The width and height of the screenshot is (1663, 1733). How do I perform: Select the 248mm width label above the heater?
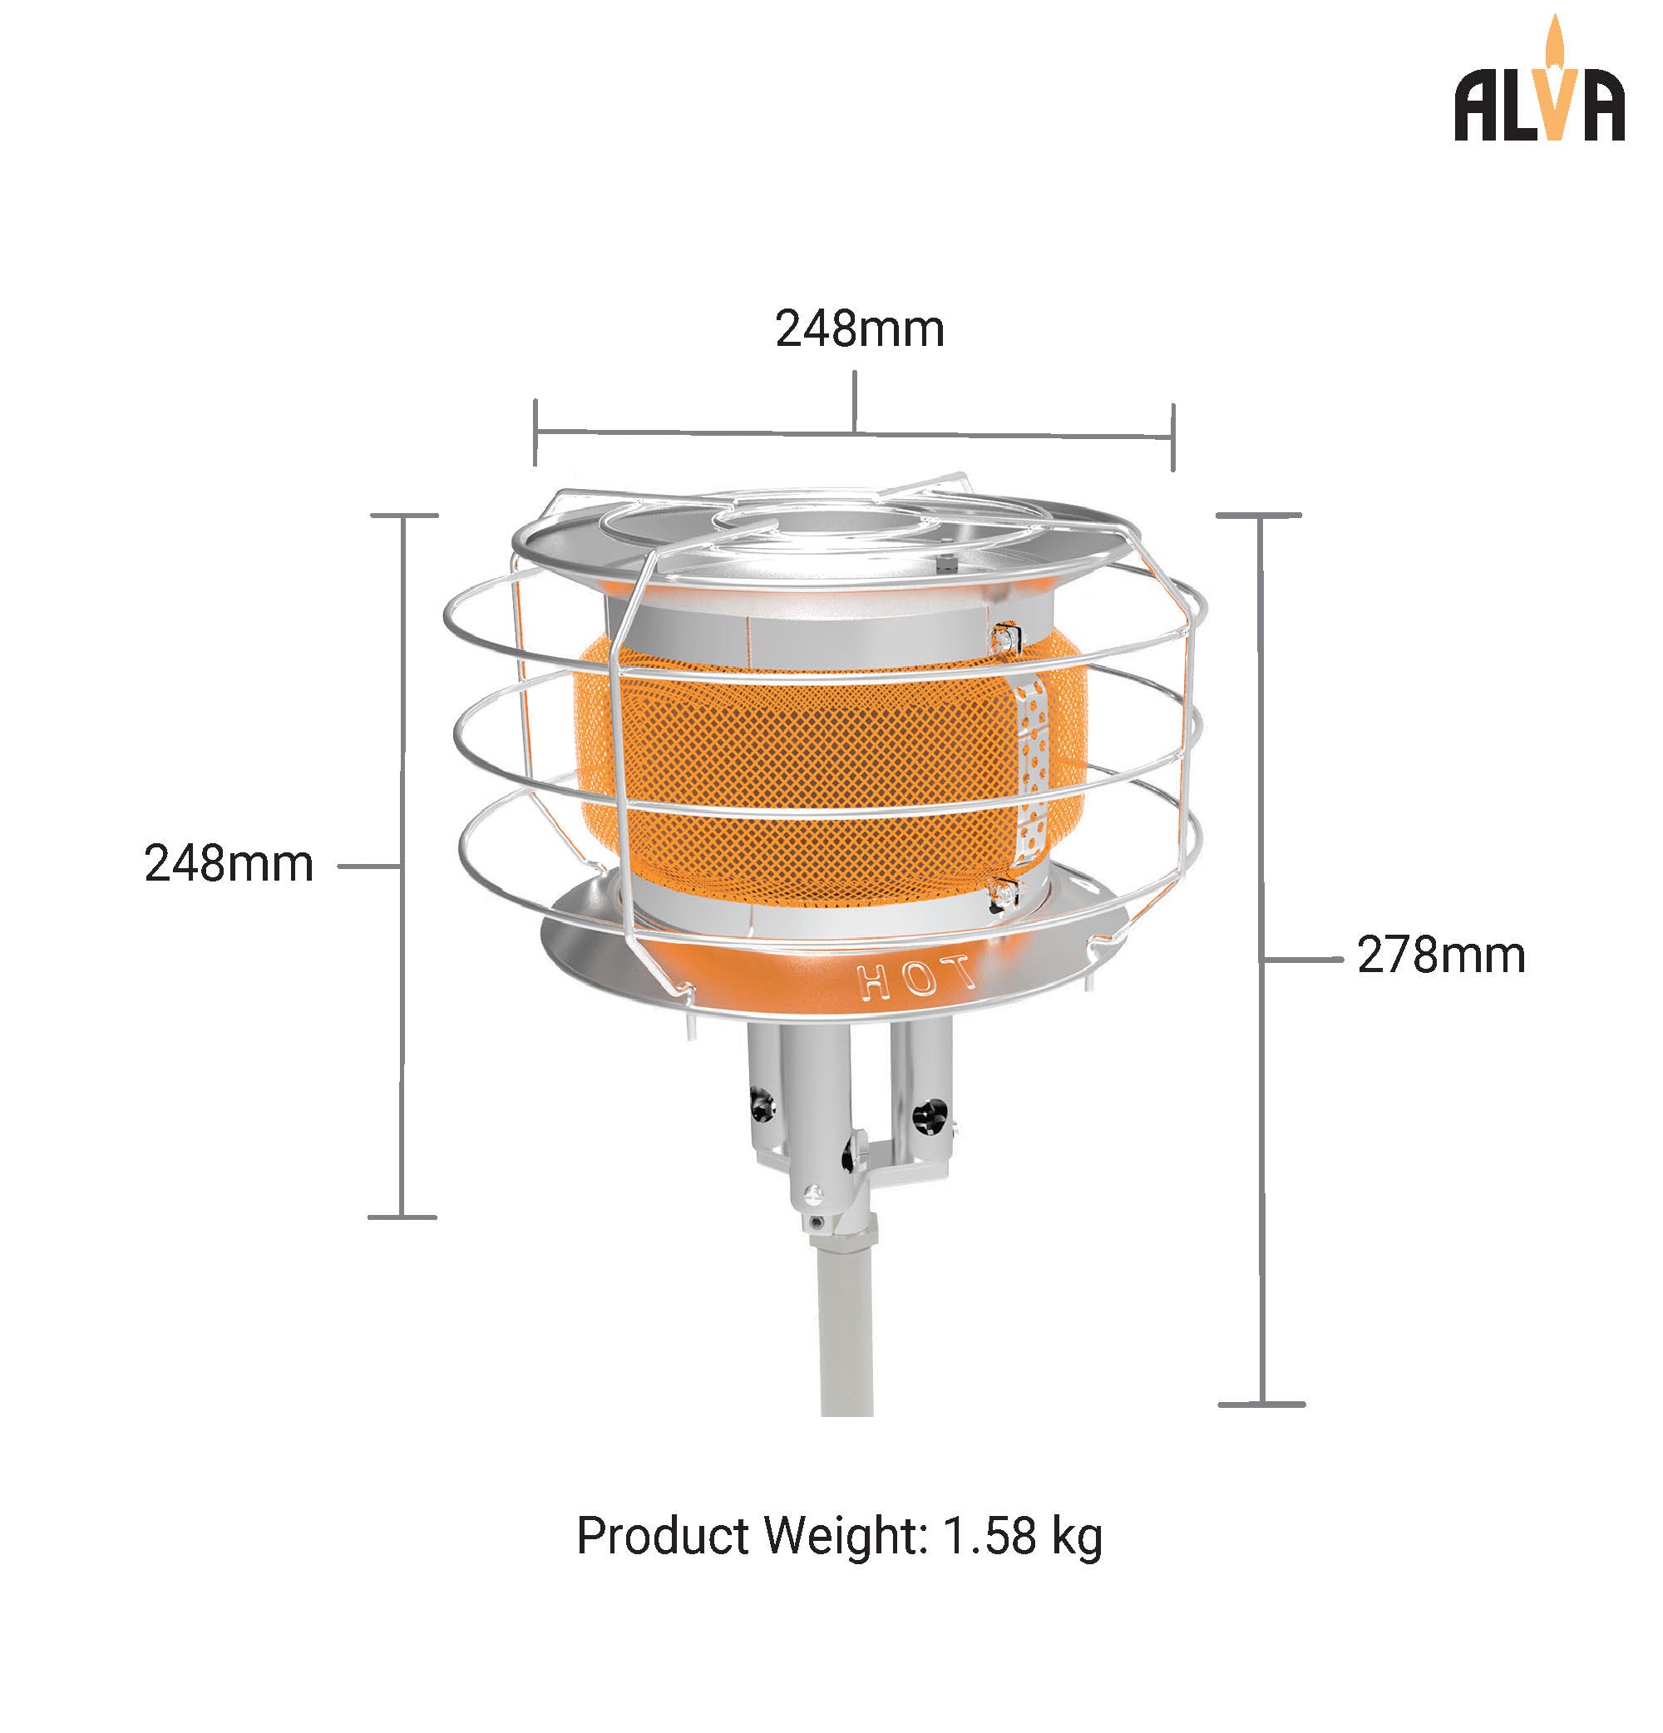pyautogui.click(x=859, y=330)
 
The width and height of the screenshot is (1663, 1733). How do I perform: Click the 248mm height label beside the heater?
pyautogui.click(x=229, y=864)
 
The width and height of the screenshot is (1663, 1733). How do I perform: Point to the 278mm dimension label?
pyautogui.click(x=1441, y=955)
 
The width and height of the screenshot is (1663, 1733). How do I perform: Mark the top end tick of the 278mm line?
pyautogui.click(x=1259, y=515)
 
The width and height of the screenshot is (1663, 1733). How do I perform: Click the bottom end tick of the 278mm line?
pyautogui.click(x=1261, y=1403)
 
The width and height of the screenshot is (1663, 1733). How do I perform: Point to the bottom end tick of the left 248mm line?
pyautogui.click(x=402, y=1217)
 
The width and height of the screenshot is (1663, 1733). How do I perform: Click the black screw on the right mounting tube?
pyautogui.click(x=926, y=1116)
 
